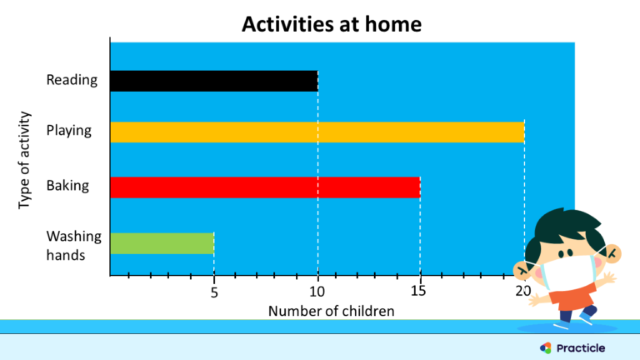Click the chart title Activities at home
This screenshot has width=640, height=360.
[331, 24]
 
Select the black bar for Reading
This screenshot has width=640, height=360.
[213, 81]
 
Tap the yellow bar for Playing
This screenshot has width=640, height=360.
[317, 132]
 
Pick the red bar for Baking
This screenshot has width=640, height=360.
[265, 187]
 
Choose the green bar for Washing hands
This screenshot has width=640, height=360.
[162, 242]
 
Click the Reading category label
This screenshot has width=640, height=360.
[72, 81]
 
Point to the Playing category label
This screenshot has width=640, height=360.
[69, 131]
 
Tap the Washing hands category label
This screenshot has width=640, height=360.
[73, 245]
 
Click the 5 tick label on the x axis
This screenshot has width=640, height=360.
[213, 292]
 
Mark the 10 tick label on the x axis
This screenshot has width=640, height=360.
[317, 292]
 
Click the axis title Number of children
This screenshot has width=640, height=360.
[331, 311]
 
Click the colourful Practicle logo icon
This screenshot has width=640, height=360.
[546, 347]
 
